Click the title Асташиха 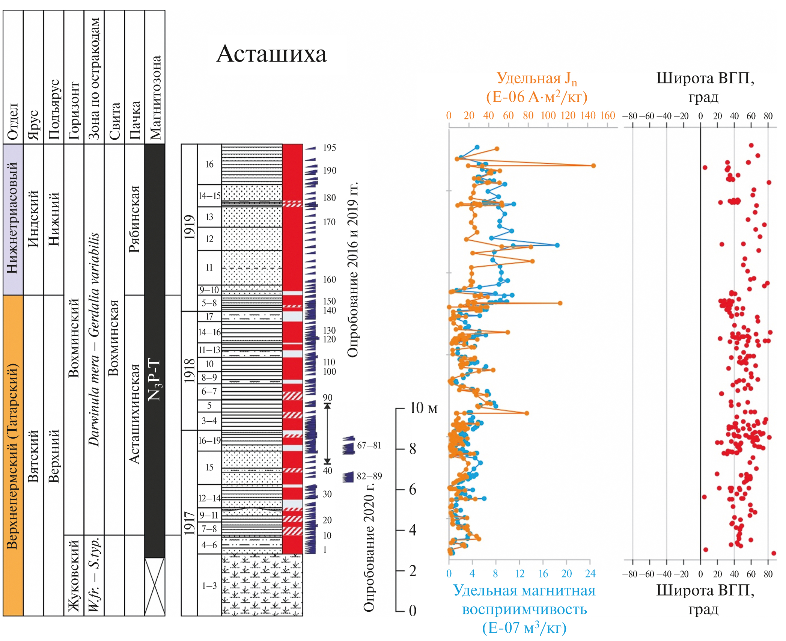271,54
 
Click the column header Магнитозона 155,98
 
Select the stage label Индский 33,219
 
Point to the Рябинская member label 134,219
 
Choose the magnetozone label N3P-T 155,379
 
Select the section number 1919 189,227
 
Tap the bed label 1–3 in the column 209,586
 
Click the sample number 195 330,148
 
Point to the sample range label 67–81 369,445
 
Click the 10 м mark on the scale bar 423,408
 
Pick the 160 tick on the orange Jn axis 607,116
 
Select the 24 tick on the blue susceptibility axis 590,574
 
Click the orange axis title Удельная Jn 537,78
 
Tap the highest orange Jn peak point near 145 593,166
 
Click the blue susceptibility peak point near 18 557,245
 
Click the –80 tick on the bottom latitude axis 629,574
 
